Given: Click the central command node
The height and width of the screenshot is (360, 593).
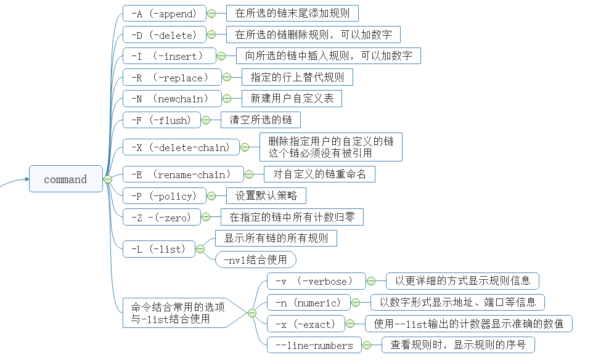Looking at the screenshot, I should pyautogui.click(x=65, y=179).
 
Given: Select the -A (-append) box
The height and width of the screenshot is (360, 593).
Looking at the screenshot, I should pyautogui.click(x=164, y=13).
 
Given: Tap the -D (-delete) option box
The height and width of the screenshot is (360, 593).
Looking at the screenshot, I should pyautogui.click(x=164, y=35).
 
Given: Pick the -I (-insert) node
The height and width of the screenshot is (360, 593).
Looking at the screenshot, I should pyautogui.click(x=169, y=56).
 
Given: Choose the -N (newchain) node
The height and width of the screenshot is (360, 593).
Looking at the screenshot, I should pyautogui.click(x=172, y=98).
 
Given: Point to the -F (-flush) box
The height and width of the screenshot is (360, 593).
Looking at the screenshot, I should pyautogui.click(x=162, y=120).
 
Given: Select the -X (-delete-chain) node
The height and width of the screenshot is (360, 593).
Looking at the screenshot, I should pyautogui.click(x=181, y=147).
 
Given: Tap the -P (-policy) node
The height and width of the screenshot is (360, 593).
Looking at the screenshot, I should pyautogui.click(x=164, y=196).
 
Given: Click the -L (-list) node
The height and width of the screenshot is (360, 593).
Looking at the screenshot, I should pyautogui.click(x=158, y=249).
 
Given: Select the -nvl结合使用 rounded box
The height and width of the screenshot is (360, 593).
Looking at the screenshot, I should pyautogui.click(x=255, y=260).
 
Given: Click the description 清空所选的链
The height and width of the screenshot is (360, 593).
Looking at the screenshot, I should pyautogui.click(x=260, y=120).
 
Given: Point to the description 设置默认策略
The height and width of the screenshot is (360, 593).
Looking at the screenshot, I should pyautogui.click(x=266, y=196).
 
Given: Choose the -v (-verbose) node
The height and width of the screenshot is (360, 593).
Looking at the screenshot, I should pyautogui.click(x=316, y=281).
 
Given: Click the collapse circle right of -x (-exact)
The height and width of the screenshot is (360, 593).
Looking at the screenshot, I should pyautogui.click(x=350, y=324).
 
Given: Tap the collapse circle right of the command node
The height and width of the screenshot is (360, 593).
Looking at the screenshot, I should pyautogui.click(x=107, y=179).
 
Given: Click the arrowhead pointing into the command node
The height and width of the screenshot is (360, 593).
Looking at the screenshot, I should pyautogui.click(x=27, y=179).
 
